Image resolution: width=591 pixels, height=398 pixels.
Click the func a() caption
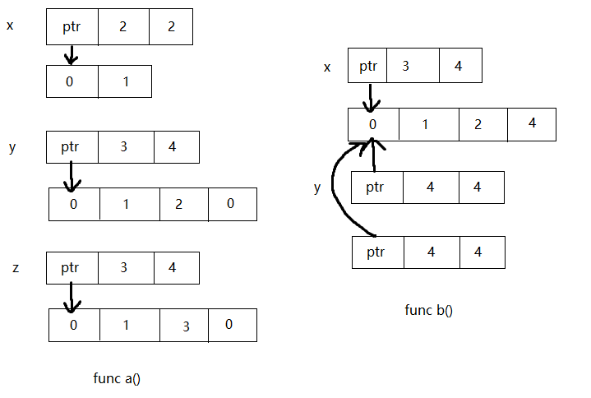coord(117,378)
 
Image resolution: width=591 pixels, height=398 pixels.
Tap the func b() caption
coord(428,310)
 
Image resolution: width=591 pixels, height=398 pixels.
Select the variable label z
coord(16,268)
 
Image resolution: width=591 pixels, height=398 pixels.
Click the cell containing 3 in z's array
coord(186,325)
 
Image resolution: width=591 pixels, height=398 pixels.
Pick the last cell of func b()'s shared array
coord(532,124)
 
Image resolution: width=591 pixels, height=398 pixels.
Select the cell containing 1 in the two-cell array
coord(125,81)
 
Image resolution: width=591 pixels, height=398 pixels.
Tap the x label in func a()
coord(10,25)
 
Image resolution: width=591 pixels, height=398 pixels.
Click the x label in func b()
coord(327,67)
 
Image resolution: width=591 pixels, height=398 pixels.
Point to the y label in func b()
coord(317,187)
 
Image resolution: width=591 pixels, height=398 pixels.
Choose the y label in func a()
coord(12,147)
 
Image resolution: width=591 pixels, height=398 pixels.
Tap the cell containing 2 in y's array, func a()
coord(178,204)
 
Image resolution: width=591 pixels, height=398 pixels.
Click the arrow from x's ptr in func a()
coord(72,54)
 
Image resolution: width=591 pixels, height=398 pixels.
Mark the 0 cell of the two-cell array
coord(72,81)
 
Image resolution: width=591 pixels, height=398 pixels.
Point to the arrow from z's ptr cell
coord(72,297)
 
